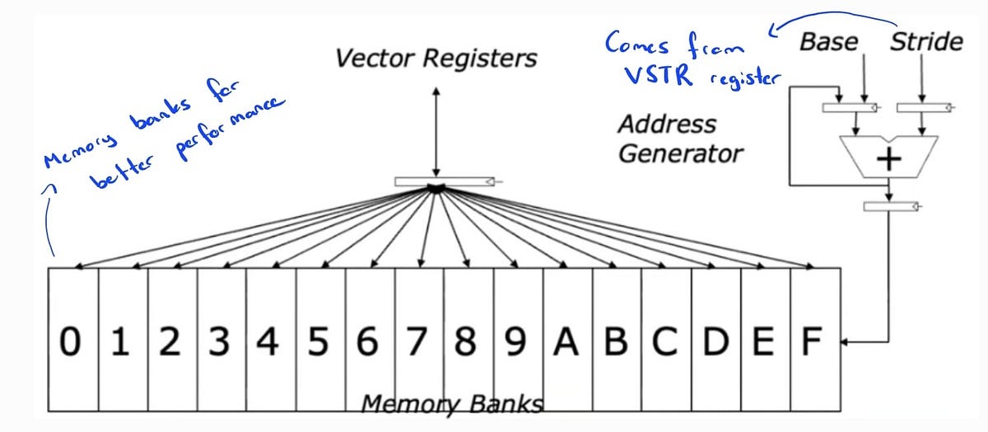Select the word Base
pyautogui.click(x=829, y=42)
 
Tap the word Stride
pyautogui.click(x=926, y=42)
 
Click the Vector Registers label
pyautogui.click(x=436, y=59)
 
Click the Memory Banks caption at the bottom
pyautogui.click(x=453, y=404)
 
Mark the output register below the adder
pyautogui.click(x=889, y=205)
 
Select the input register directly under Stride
pyautogui.click(x=921, y=107)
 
